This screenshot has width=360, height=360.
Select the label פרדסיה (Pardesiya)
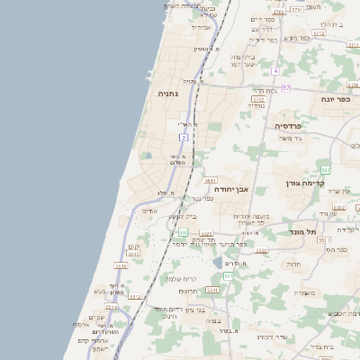268,126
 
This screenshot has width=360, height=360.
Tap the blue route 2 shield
184,137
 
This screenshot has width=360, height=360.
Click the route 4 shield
276,70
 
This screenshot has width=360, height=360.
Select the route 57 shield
286,87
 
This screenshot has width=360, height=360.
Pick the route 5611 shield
211,181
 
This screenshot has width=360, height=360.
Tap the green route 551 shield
228,274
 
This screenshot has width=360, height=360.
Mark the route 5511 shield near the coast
134,255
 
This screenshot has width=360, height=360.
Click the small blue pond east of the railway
218,263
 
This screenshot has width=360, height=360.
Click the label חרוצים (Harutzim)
188,291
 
